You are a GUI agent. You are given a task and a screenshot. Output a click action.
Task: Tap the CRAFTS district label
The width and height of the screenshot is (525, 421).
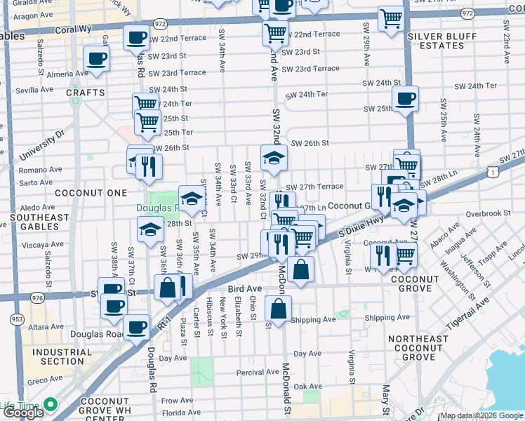coord(86,93)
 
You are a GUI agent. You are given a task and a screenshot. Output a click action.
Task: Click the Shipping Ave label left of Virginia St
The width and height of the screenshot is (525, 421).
coord(313,320)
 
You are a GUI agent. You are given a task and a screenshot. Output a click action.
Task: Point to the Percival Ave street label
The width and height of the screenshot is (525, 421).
coord(258,372)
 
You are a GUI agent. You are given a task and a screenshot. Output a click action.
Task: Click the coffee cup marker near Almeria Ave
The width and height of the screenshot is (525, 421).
coord(96,59)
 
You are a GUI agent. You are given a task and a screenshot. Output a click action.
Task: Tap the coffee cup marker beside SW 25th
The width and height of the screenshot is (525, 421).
coord(404,99)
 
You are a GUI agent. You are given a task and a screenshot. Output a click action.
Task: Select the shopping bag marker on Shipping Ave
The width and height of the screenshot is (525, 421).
coord(279,308)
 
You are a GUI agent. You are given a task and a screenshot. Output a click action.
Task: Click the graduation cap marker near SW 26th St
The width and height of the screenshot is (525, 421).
coord(274,157)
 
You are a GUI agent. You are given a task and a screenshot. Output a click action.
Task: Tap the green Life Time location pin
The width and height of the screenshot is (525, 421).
coord(48,404)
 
